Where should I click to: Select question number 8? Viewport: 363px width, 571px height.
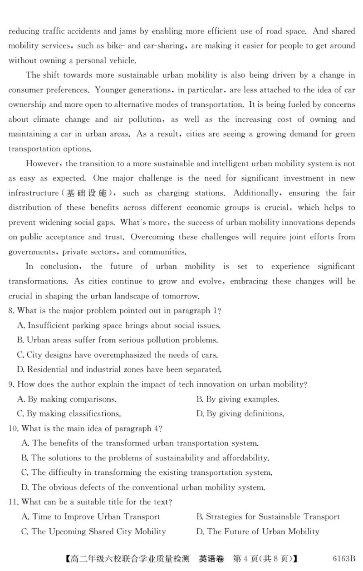tap(12, 311)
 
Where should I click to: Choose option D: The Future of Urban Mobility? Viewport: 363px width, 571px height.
tap(257, 531)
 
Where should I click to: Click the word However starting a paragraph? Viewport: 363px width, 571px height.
tap(40, 164)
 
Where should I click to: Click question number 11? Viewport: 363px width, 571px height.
tap(14, 502)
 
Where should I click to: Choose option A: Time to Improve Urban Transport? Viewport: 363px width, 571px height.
tap(91, 516)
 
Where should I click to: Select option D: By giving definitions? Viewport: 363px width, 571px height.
tap(240, 414)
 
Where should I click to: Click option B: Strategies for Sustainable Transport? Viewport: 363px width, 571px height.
tap(268, 516)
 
